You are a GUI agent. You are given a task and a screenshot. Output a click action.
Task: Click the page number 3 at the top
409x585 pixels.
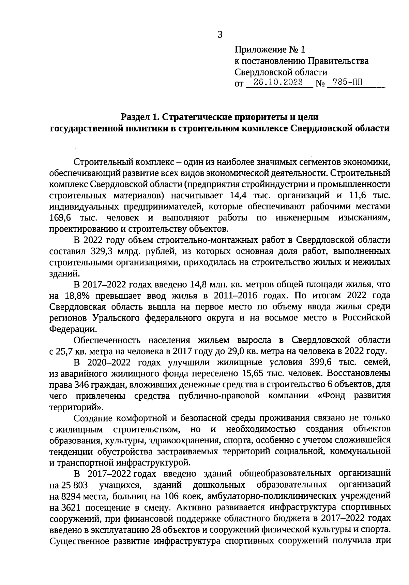(220, 34)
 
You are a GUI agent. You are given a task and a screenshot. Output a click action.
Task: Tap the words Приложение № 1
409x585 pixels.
(270, 50)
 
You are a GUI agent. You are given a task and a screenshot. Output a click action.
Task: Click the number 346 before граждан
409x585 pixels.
(79, 385)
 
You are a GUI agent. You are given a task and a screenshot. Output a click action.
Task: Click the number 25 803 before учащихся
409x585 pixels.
(75, 485)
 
